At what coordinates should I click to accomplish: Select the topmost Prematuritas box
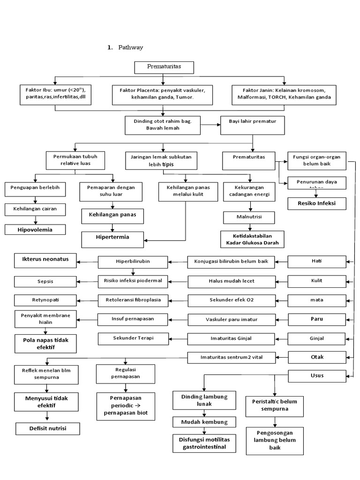(x=164, y=67)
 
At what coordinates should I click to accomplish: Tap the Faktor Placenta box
(x=163, y=93)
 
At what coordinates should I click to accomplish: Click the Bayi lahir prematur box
(x=252, y=125)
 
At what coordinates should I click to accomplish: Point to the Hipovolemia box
(x=35, y=230)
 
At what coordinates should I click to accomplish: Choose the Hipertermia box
(x=112, y=238)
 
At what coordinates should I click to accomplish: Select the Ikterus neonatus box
(x=45, y=259)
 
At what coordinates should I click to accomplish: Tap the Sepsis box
(x=45, y=282)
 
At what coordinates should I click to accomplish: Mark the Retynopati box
(x=45, y=300)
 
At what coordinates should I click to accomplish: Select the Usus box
(x=317, y=375)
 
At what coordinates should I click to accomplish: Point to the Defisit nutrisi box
(x=47, y=428)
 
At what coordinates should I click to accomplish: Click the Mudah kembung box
(x=204, y=422)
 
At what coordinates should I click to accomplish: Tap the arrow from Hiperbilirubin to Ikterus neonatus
(x=87, y=261)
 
